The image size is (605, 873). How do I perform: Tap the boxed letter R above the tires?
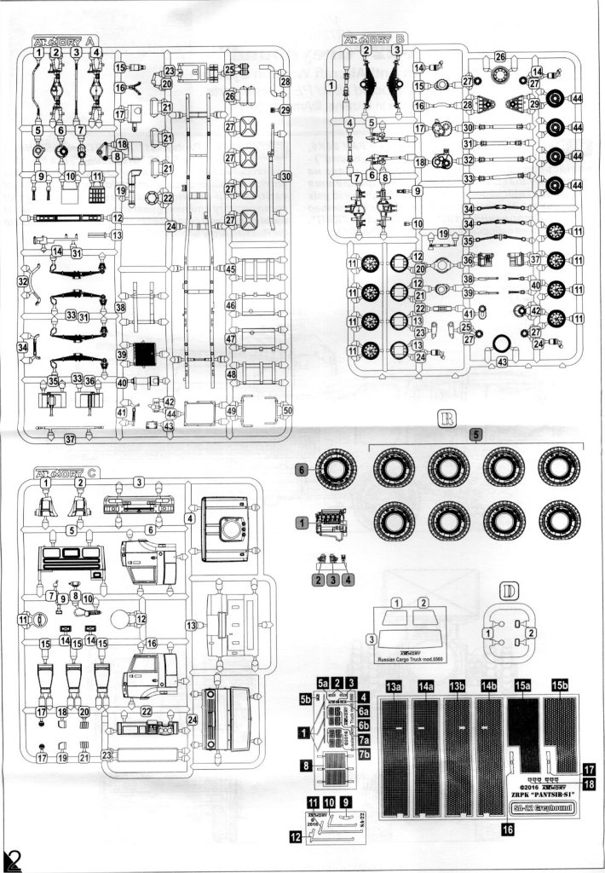coord(446,418)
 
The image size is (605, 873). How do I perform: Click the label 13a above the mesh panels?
coord(394,685)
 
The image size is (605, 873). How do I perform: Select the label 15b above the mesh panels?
coord(561,685)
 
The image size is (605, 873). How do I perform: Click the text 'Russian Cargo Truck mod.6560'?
coord(412,661)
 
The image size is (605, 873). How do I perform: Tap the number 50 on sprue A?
coord(288,411)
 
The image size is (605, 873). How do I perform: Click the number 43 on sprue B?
coord(502,361)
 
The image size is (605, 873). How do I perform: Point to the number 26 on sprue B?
coord(501,57)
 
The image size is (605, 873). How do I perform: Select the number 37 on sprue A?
coord(71,438)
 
